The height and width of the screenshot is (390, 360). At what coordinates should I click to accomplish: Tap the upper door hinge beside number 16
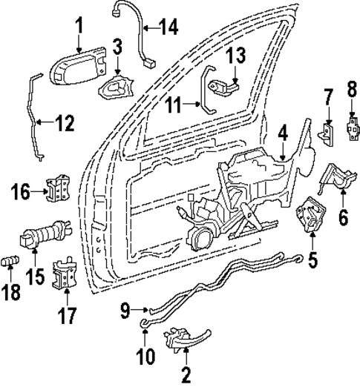tap(59, 189)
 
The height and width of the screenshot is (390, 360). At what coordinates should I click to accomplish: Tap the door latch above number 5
tap(307, 217)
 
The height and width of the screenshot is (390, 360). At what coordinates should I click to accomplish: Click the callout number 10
tap(145, 356)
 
